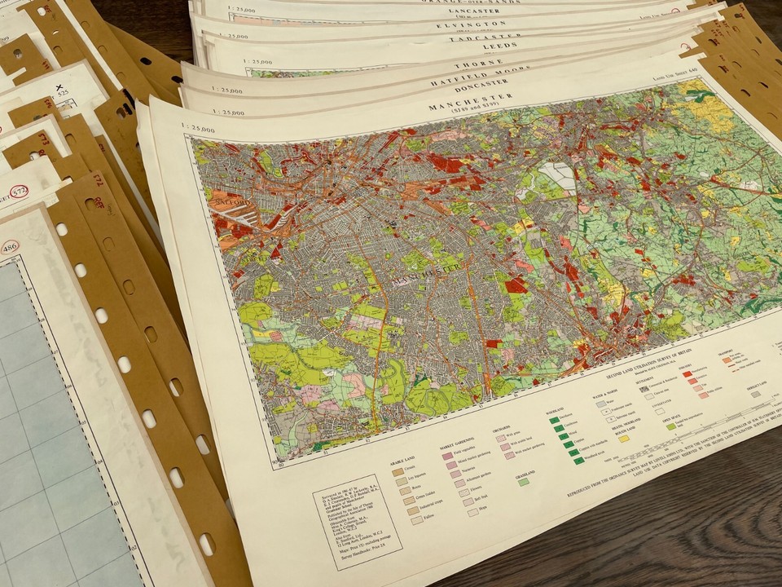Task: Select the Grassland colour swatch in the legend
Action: tap(524, 482)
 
